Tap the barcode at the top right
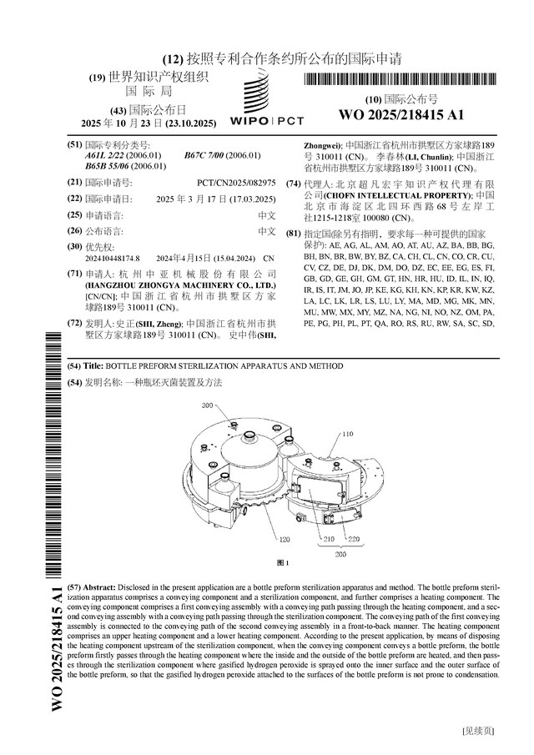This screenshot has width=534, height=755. click(400, 80)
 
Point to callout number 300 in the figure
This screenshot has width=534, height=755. click(208, 405)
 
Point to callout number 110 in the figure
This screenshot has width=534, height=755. click(347, 434)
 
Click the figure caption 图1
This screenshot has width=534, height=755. click(283, 564)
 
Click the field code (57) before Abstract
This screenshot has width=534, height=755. click(75, 588)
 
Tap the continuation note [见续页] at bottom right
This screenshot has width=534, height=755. click(477, 732)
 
